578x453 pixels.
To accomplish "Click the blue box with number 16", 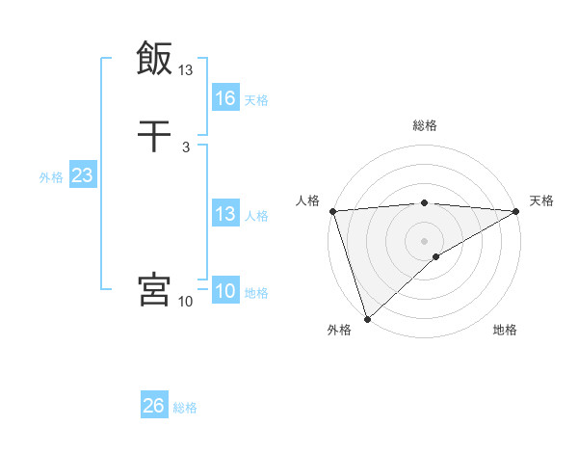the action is [224, 98].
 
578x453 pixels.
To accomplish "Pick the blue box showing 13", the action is [224, 214].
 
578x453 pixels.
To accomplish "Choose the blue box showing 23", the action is [82, 176].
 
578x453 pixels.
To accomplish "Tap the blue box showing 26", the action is [153, 406].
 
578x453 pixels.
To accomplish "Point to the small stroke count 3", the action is [185, 147].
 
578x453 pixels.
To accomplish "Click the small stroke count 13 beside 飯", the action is [186, 69].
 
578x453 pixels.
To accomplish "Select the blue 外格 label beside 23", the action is [51, 177].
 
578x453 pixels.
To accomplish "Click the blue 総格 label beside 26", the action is [185, 408].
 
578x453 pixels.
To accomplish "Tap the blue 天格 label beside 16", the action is [256, 100].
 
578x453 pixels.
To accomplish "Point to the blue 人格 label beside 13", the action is [256, 216].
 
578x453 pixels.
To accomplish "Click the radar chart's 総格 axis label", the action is [425, 125].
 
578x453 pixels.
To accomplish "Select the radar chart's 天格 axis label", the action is [541, 200].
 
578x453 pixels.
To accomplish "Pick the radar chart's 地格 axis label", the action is [505, 331].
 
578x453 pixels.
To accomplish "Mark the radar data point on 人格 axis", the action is [332, 211].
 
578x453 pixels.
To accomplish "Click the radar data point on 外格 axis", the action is [367, 319].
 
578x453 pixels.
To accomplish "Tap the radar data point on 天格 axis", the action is [516, 211].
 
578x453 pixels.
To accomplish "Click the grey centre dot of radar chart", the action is [425, 241].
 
